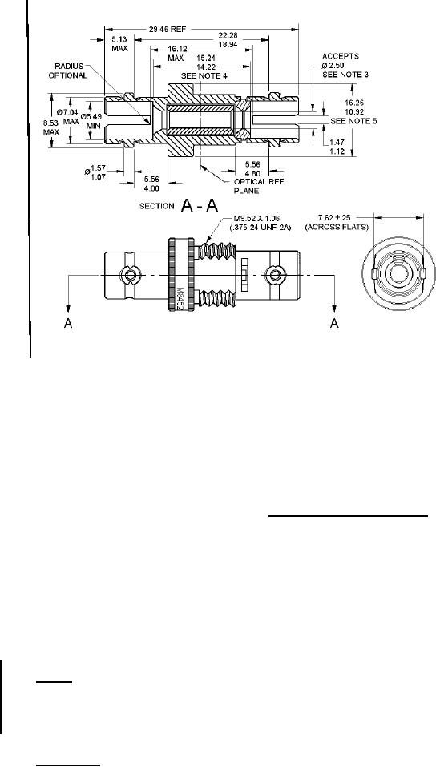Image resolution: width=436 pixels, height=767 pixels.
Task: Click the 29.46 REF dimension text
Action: click(x=167, y=29)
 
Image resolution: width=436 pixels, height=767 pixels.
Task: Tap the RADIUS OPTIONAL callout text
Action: click(x=71, y=71)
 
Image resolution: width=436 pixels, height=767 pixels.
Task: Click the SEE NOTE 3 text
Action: click(x=345, y=75)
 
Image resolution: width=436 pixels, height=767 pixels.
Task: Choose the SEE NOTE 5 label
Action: click(x=353, y=120)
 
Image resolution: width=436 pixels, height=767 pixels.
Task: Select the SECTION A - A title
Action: click(x=179, y=206)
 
